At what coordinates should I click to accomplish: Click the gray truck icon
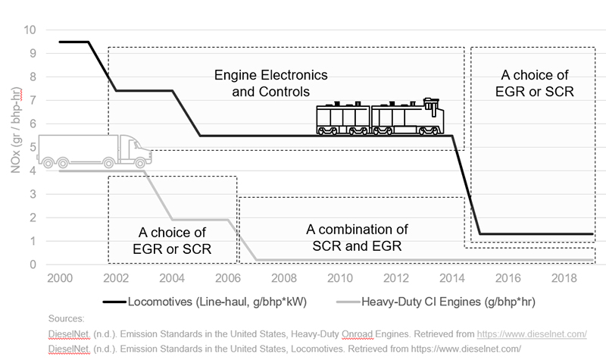(95, 151)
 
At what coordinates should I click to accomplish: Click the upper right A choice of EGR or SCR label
(535, 83)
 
